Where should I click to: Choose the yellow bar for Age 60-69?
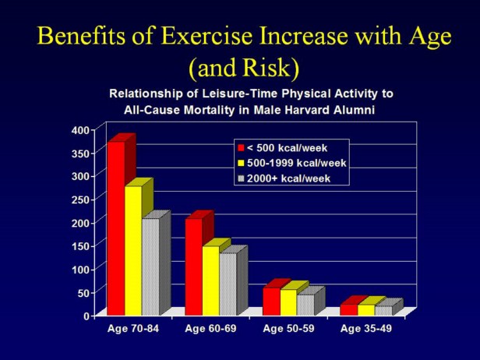[210, 281]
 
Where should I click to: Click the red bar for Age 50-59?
[271, 302]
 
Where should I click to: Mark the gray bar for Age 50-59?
[305, 305]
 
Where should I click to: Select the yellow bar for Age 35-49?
[366, 310]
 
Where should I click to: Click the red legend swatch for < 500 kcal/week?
[242, 148]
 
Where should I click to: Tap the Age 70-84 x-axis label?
[132, 328]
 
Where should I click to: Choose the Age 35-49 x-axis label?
[366, 328]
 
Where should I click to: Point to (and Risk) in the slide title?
[239, 68]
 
